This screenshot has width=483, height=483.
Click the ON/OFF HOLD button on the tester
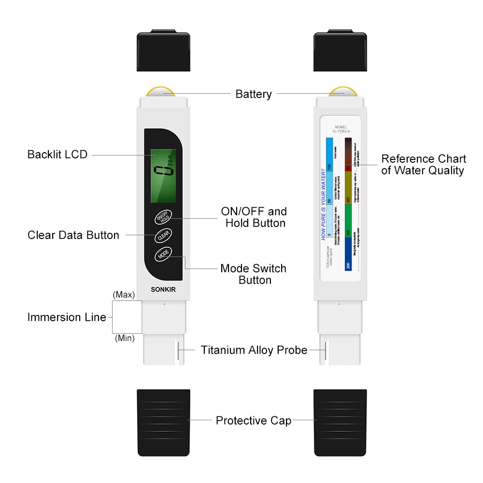tap(163, 217)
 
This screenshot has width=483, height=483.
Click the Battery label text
tap(254, 94)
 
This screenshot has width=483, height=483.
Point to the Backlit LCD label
tap(57, 155)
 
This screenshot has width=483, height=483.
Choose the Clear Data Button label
tap(73, 235)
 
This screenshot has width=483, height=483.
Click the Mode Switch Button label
tap(254, 274)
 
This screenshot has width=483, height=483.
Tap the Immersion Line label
tap(67, 317)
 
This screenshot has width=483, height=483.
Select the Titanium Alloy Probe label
tap(254, 350)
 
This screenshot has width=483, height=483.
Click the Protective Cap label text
tap(254, 421)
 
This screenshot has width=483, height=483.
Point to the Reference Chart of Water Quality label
tap(424, 164)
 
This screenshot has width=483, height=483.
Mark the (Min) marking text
tap(125, 339)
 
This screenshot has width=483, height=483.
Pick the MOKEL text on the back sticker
tap(341, 128)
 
